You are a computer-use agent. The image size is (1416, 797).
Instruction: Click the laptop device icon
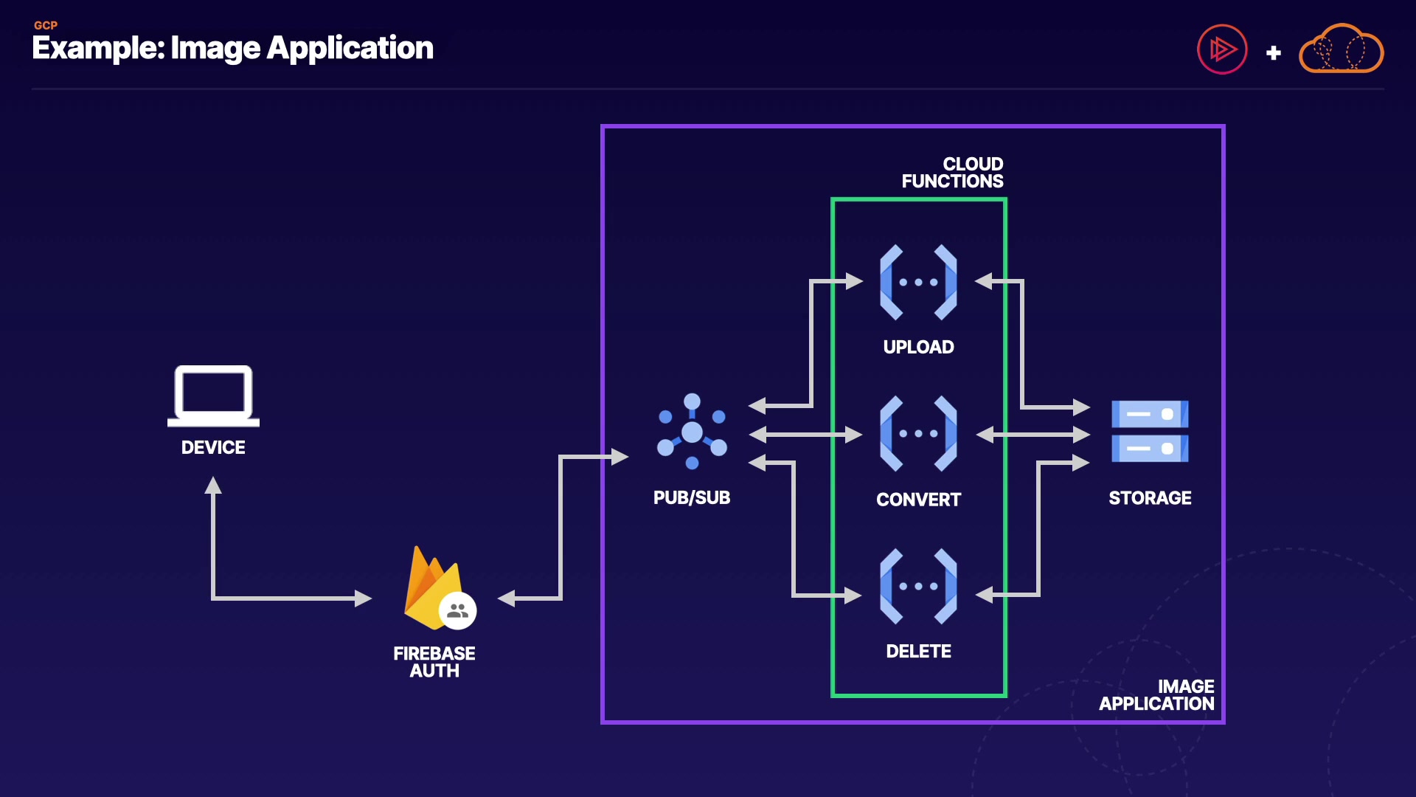(x=213, y=396)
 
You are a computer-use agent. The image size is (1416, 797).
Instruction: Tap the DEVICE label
(x=213, y=447)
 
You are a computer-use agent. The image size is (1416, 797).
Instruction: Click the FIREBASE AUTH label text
(x=434, y=662)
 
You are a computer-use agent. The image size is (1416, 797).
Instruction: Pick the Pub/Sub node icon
(x=692, y=432)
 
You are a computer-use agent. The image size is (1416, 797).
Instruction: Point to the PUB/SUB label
(x=692, y=497)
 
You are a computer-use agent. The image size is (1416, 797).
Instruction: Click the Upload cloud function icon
(x=918, y=282)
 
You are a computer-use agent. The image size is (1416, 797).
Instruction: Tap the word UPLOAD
(x=918, y=347)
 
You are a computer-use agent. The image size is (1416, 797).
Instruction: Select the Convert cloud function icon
(x=918, y=434)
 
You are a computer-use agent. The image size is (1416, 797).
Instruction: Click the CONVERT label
(x=918, y=500)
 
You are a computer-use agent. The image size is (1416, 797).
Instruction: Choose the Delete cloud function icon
(x=918, y=587)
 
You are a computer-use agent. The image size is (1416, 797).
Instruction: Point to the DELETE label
(x=918, y=651)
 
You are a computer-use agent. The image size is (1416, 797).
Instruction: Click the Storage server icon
(x=1150, y=432)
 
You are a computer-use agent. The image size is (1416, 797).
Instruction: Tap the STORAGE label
(x=1150, y=498)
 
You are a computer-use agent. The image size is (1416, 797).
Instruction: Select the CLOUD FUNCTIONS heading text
(x=952, y=173)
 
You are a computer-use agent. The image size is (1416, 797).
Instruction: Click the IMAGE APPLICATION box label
(x=1156, y=695)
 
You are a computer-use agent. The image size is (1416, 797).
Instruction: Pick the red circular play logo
(x=1222, y=49)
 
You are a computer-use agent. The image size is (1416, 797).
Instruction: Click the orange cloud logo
(x=1341, y=49)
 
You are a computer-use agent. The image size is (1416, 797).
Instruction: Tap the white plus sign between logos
(x=1273, y=53)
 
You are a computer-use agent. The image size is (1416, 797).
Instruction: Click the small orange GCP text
(x=46, y=25)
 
